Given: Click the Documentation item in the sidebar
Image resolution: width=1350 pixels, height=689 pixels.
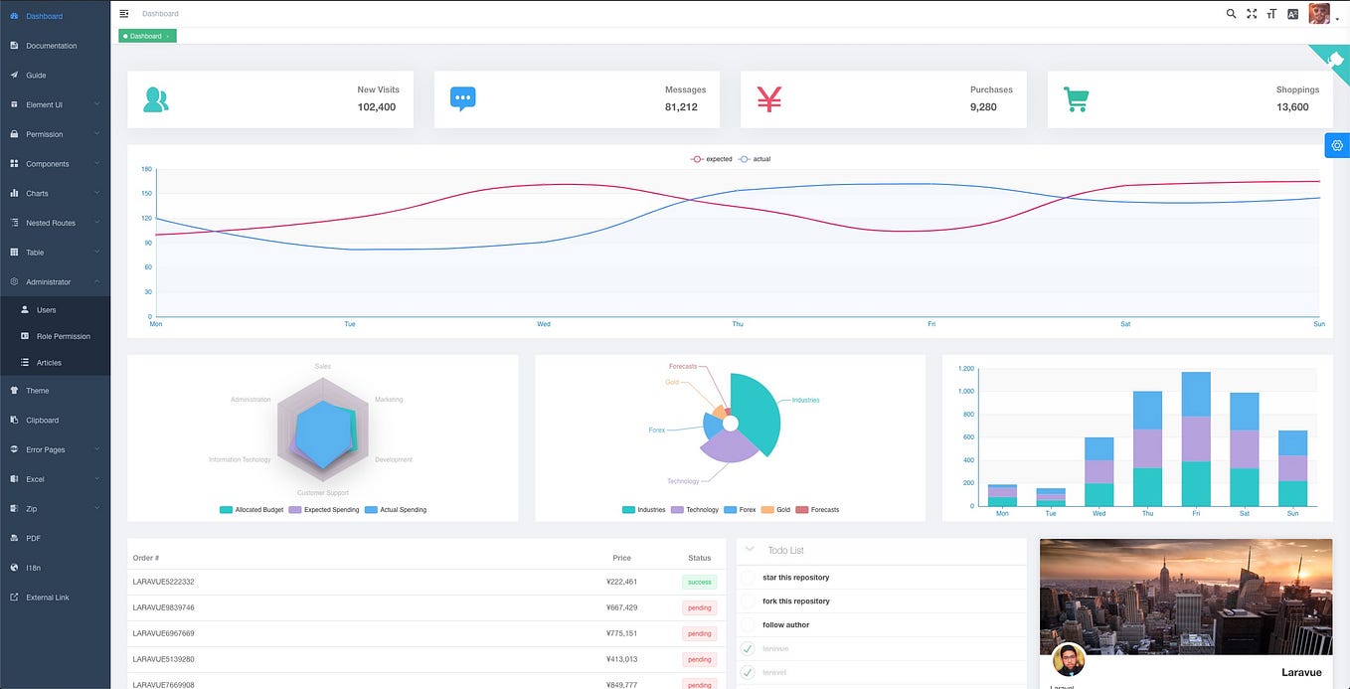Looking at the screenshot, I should [x=51, y=46].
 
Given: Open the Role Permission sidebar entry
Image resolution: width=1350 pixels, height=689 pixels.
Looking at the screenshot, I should [x=63, y=336].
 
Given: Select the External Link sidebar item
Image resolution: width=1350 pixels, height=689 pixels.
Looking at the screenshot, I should [x=48, y=598].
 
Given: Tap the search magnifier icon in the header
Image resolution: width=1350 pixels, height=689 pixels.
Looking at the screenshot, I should [x=1231, y=14].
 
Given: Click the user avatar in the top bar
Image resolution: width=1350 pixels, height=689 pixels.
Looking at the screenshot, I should [x=1318, y=14].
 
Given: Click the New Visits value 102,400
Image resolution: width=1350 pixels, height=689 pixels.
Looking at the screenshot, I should [x=377, y=107].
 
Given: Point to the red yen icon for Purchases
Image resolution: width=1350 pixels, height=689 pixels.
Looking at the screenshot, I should [x=769, y=98].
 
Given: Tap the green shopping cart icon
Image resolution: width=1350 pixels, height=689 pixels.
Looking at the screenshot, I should [x=1076, y=99].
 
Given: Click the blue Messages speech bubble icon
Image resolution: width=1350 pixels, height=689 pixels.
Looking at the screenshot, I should [x=462, y=98].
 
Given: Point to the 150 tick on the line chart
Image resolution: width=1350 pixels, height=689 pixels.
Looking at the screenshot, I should [x=146, y=194].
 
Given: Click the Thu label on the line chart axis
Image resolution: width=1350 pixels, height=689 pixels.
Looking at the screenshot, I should [x=737, y=324].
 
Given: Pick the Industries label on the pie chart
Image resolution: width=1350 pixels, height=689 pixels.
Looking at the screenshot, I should [x=805, y=401].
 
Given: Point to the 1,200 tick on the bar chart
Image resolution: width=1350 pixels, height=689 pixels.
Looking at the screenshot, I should [x=965, y=369].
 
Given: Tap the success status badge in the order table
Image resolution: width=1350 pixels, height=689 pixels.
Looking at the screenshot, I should [x=699, y=582].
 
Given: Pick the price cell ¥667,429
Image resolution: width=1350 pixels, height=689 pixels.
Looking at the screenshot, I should [x=621, y=607].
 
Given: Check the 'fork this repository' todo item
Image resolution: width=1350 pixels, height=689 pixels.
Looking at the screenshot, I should [x=749, y=602].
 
